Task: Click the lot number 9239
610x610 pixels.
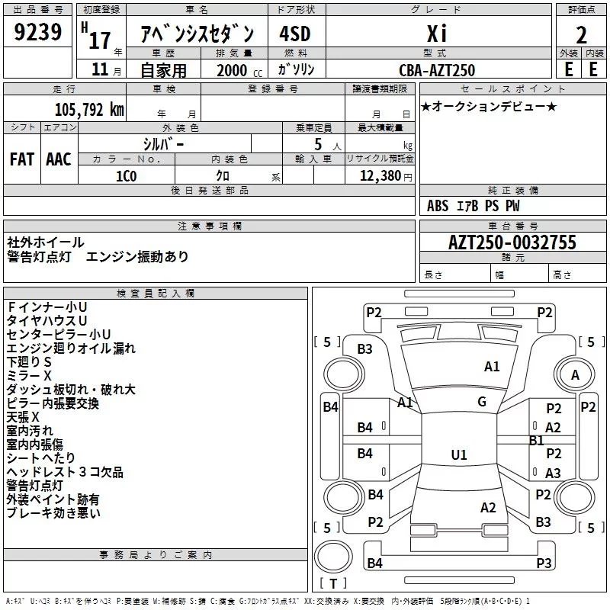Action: [x=39, y=32]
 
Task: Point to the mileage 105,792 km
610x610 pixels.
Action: [x=88, y=108]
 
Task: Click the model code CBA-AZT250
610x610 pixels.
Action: [x=437, y=70]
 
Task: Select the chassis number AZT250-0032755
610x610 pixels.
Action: [x=512, y=243]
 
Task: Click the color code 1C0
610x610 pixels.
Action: [x=126, y=175]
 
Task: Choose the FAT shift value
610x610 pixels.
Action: [x=22, y=159]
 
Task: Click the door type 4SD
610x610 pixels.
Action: [x=295, y=34]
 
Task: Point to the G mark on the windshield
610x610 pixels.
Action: [x=481, y=402]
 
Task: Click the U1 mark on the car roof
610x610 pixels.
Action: [x=458, y=455]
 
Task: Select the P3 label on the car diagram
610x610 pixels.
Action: [x=544, y=563]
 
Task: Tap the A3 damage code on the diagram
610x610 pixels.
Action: [x=553, y=474]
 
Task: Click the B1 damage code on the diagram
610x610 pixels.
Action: [x=536, y=440]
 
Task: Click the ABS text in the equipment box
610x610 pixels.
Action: [x=438, y=206]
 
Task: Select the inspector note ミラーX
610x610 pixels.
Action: [x=29, y=376]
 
